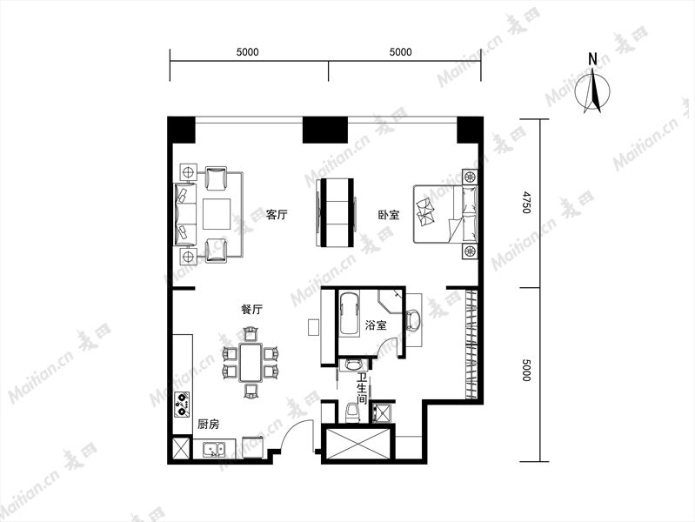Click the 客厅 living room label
click(277, 215)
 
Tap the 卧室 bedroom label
click(389, 215)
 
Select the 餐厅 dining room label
click(251, 309)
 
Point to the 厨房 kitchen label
click(208, 425)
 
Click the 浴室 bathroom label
click(376, 325)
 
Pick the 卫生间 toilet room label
click(362, 389)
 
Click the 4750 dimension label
click(525, 202)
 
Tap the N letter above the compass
click(592, 58)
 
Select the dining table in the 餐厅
click(251, 362)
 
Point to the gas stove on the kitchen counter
click(182, 405)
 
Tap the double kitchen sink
click(214, 450)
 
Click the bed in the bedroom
click(445, 214)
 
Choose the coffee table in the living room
click(217, 214)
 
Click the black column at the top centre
click(325, 130)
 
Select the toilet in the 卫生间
click(352, 412)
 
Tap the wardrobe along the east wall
click(471, 344)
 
